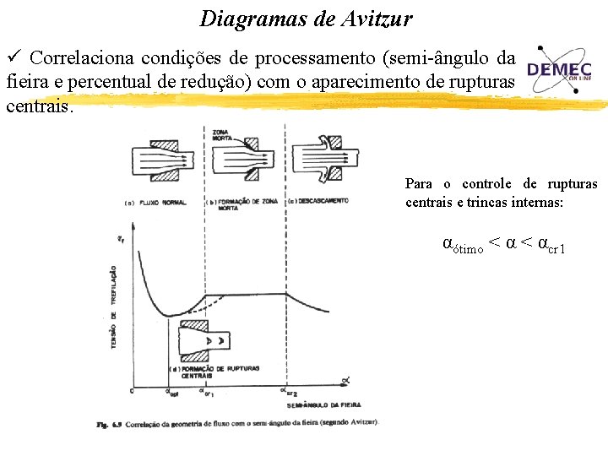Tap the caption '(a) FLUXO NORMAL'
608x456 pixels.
(x=155, y=203)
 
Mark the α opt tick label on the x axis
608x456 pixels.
(x=172, y=393)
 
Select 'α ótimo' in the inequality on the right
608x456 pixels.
(x=463, y=246)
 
